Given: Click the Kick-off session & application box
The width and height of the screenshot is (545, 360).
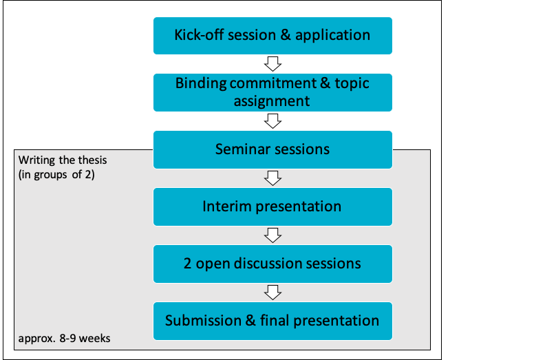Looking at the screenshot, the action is tap(273, 36).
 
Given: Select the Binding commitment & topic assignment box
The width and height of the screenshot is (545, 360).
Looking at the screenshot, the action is tap(273, 92).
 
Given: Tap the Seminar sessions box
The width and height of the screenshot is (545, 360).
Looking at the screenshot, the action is tap(273, 149).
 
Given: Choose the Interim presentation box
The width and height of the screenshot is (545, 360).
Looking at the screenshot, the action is tap(273, 207).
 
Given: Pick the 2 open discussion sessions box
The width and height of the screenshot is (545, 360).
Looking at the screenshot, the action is tap(273, 264).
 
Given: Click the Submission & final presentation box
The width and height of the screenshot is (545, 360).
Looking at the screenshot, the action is tap(273, 321).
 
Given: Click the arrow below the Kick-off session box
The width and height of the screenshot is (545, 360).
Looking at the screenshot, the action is tap(273, 64).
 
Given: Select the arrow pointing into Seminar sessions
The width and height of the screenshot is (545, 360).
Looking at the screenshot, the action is tap(273, 121).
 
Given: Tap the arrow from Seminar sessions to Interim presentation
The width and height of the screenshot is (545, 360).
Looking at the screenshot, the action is tap(273, 178).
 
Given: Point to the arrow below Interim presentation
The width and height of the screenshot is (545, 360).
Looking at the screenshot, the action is tap(273, 235).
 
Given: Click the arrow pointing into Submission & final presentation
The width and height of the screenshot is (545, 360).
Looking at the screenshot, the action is tap(273, 293).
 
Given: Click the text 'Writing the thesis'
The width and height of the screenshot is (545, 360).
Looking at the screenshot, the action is tap(63, 160).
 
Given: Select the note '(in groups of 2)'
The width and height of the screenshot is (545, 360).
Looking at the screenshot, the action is tap(56, 174).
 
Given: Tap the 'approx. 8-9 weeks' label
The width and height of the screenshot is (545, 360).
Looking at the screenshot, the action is tap(64, 339).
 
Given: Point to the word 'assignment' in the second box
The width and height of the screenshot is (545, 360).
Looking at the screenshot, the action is tap(271, 101).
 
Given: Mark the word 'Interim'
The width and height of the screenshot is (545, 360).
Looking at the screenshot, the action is tap(226, 207).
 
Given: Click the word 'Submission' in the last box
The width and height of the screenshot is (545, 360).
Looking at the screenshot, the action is tap(203, 320).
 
